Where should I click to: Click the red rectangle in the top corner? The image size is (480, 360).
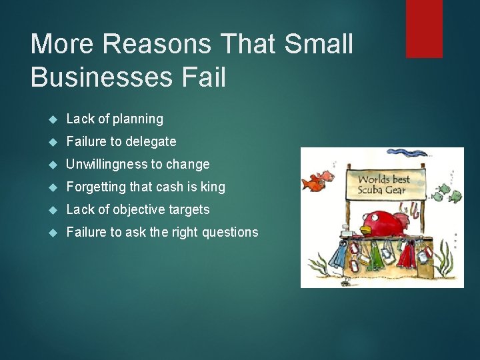click(424, 28)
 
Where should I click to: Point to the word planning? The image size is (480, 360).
click(138, 119)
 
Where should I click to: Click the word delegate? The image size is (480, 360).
click(151, 142)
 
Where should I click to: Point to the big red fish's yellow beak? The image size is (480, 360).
click(365, 229)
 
